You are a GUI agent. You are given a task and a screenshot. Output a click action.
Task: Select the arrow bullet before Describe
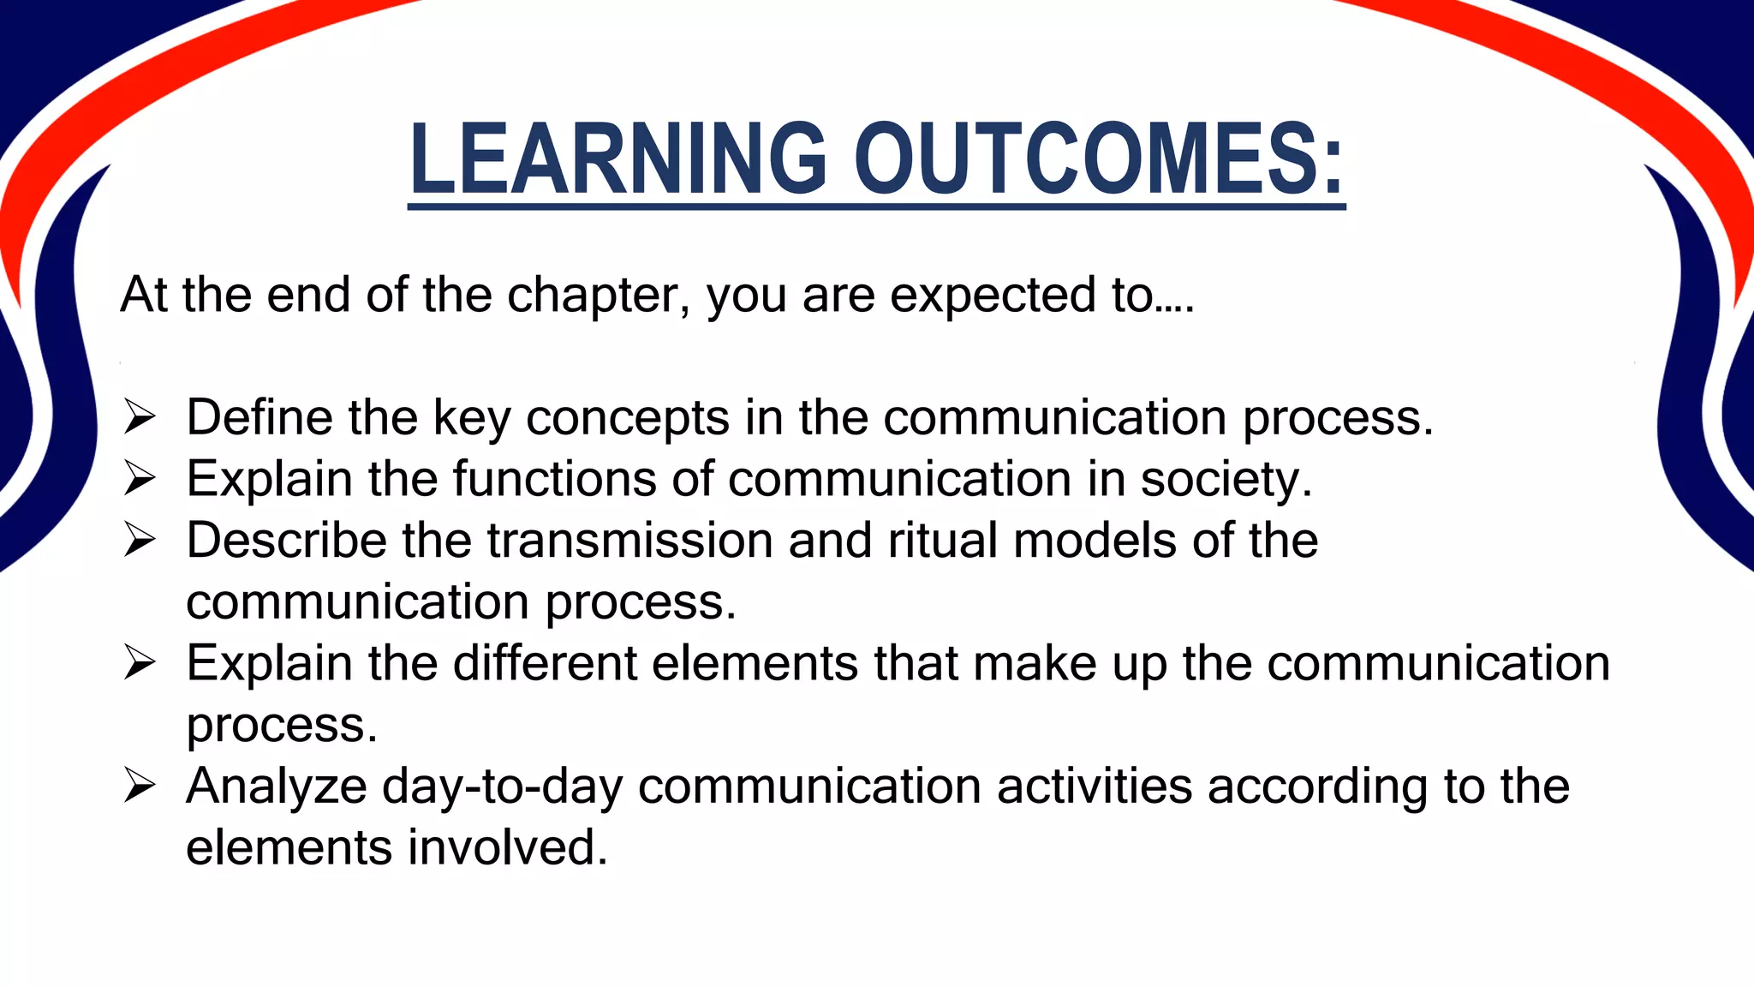139,540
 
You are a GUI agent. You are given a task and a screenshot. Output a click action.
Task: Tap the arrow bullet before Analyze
139,786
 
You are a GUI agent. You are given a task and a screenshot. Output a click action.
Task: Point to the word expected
993,295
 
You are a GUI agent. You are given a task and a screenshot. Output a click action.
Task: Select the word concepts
627,419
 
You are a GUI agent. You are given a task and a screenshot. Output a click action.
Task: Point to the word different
545,663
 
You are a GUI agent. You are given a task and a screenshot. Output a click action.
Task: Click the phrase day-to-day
502,787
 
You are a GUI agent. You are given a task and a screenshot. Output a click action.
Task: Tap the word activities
1094,786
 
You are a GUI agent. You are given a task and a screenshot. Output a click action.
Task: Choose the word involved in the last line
507,847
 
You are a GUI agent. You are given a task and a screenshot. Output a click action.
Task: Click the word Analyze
277,787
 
